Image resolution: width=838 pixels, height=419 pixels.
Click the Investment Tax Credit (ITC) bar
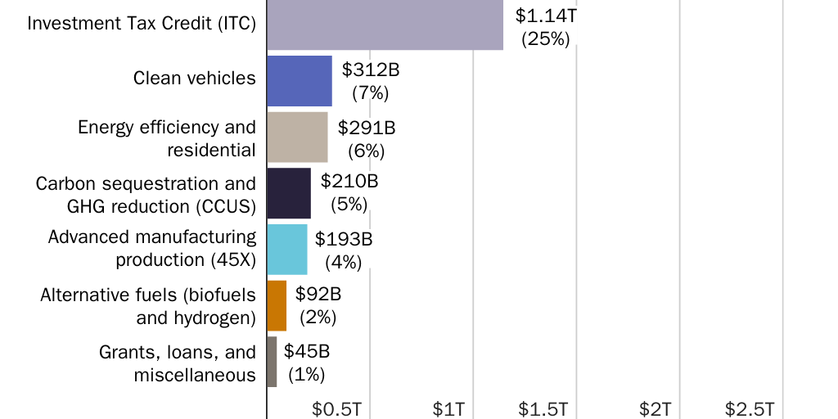pyautogui.click(x=385, y=25)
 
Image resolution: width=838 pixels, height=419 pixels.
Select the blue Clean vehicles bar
pyautogui.click(x=300, y=81)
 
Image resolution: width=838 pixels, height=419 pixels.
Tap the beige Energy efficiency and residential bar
pyautogui.click(x=297, y=137)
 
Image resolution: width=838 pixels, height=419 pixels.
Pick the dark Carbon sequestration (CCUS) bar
pyautogui.click(x=289, y=193)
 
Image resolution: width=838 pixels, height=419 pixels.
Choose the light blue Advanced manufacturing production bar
pyautogui.click(x=287, y=250)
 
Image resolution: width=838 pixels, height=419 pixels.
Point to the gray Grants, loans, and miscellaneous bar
pyautogui.click(x=272, y=362)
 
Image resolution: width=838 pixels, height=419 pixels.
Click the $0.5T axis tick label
pyautogui.click(x=336, y=408)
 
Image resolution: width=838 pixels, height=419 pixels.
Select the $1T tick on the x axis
pyautogui.click(x=449, y=408)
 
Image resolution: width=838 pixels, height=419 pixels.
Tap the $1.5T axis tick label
pyautogui.click(x=543, y=408)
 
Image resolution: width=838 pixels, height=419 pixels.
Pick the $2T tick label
pyautogui.click(x=656, y=408)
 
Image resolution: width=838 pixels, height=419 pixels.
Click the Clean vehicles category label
pyautogui.click(x=195, y=78)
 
